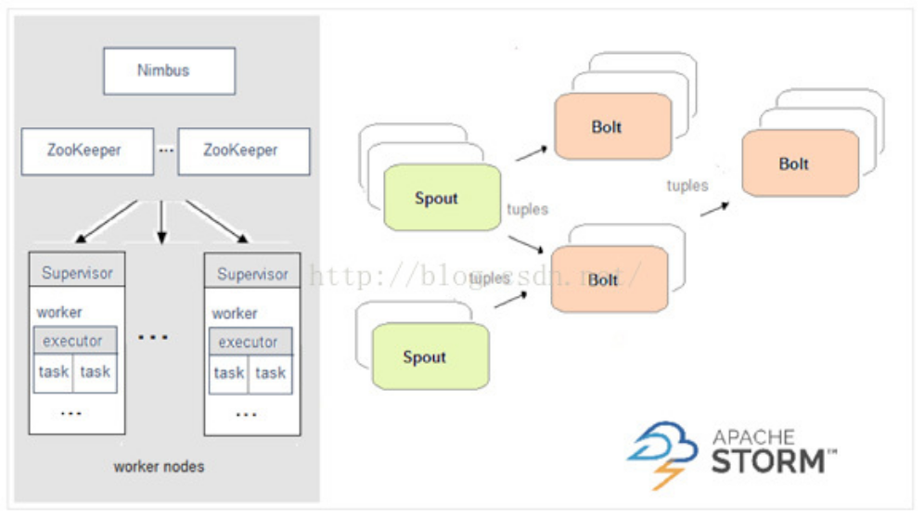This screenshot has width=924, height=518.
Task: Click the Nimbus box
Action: click(x=169, y=71)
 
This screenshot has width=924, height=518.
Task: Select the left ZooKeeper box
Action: click(x=87, y=149)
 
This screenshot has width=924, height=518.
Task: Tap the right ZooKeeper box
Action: click(x=243, y=149)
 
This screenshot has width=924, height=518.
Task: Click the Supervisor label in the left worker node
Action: click(x=77, y=273)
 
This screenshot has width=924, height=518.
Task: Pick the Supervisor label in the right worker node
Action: click(x=252, y=274)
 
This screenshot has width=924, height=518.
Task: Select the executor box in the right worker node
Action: click(x=248, y=342)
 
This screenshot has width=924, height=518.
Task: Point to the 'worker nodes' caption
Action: click(x=159, y=466)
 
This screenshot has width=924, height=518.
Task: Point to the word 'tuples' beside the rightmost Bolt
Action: click(x=687, y=186)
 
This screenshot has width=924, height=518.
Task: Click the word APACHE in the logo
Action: click(x=753, y=435)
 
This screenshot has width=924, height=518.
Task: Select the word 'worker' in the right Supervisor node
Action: click(x=235, y=314)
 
